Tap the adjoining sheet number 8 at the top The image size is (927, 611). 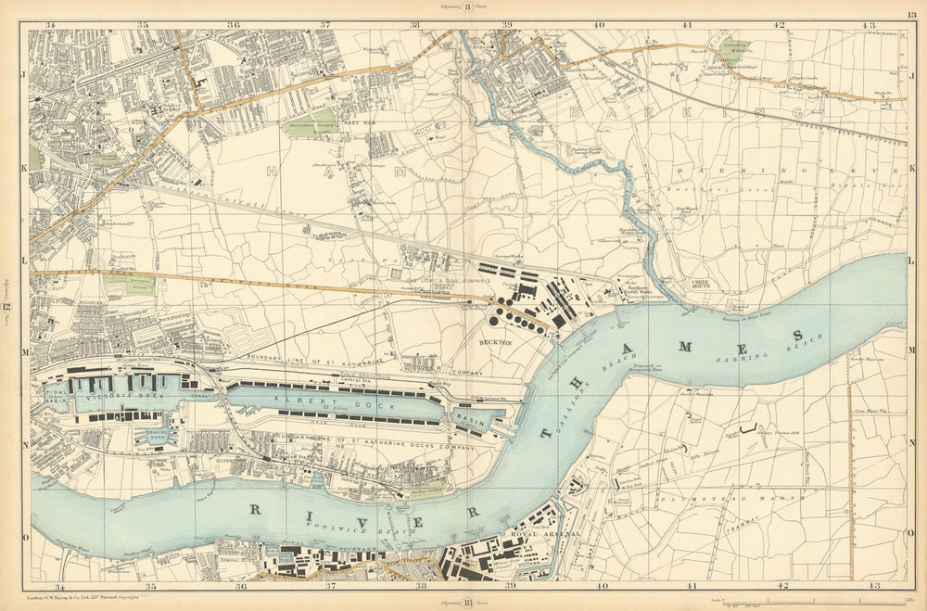[468, 6]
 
